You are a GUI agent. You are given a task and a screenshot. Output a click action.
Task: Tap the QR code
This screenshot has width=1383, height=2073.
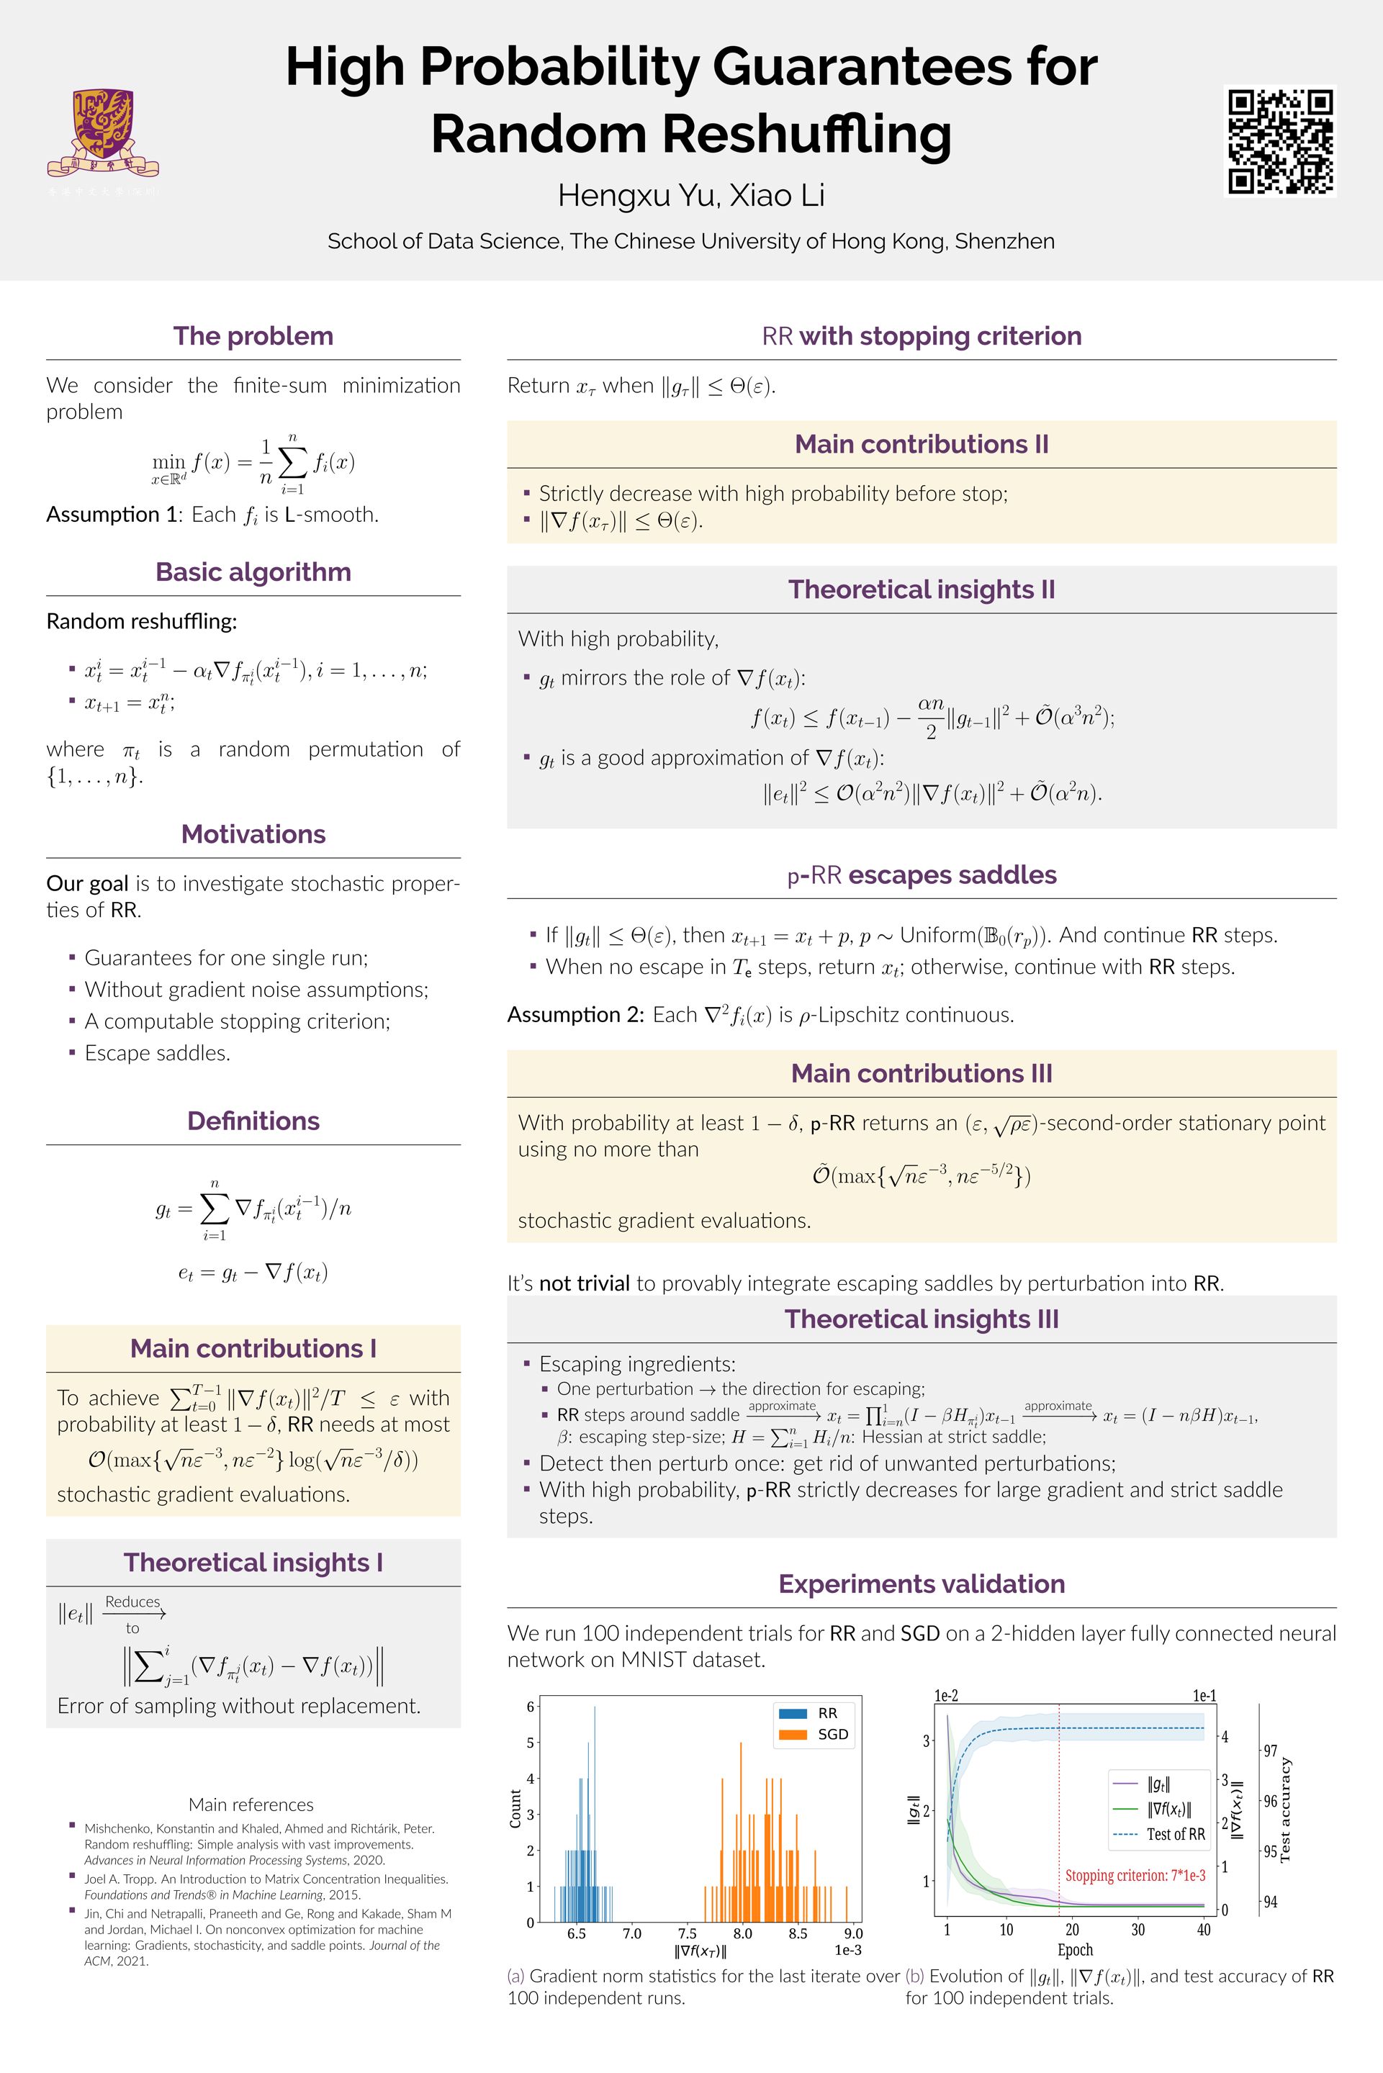tap(1280, 141)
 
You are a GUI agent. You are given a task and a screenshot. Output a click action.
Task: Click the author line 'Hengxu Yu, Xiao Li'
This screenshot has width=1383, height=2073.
tap(690, 196)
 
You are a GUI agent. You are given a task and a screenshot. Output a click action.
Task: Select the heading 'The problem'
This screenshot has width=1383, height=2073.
tap(253, 336)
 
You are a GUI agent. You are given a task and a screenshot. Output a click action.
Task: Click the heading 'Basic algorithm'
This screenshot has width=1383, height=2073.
tap(253, 572)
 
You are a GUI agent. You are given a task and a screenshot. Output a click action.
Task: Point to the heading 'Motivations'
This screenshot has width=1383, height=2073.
tap(253, 834)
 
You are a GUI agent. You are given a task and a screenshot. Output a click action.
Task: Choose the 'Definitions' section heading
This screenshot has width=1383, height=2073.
tap(253, 1121)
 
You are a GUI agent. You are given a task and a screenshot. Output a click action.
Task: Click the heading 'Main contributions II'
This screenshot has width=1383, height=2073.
tap(921, 444)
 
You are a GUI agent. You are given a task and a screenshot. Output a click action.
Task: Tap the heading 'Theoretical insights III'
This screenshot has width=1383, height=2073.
tap(921, 1319)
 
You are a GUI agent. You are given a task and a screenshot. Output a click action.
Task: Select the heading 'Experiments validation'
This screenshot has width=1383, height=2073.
tap(921, 1584)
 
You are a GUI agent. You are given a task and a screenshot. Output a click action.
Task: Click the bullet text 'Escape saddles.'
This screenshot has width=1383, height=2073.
tap(157, 1053)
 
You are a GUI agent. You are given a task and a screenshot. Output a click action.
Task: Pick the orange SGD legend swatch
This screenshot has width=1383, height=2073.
tap(793, 1735)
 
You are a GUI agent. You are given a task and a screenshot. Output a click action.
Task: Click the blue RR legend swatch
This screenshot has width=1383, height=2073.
tap(793, 1713)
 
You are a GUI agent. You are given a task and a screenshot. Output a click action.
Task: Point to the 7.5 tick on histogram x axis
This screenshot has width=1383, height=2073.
tap(687, 1933)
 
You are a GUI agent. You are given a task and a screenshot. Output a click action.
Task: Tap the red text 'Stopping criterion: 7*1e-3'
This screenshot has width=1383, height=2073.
tap(1135, 1876)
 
